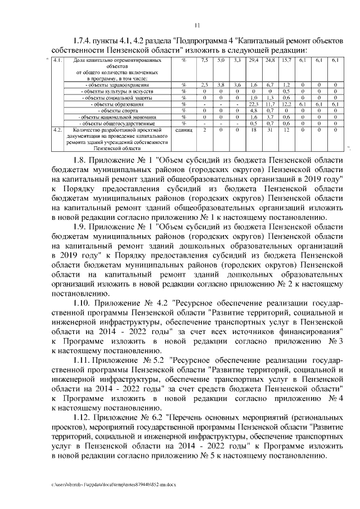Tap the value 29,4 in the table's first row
click(x=254, y=59)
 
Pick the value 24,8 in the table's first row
click(x=270, y=59)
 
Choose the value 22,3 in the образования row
click(x=254, y=104)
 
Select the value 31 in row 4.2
click(x=270, y=129)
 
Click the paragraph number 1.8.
click(x=82, y=159)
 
